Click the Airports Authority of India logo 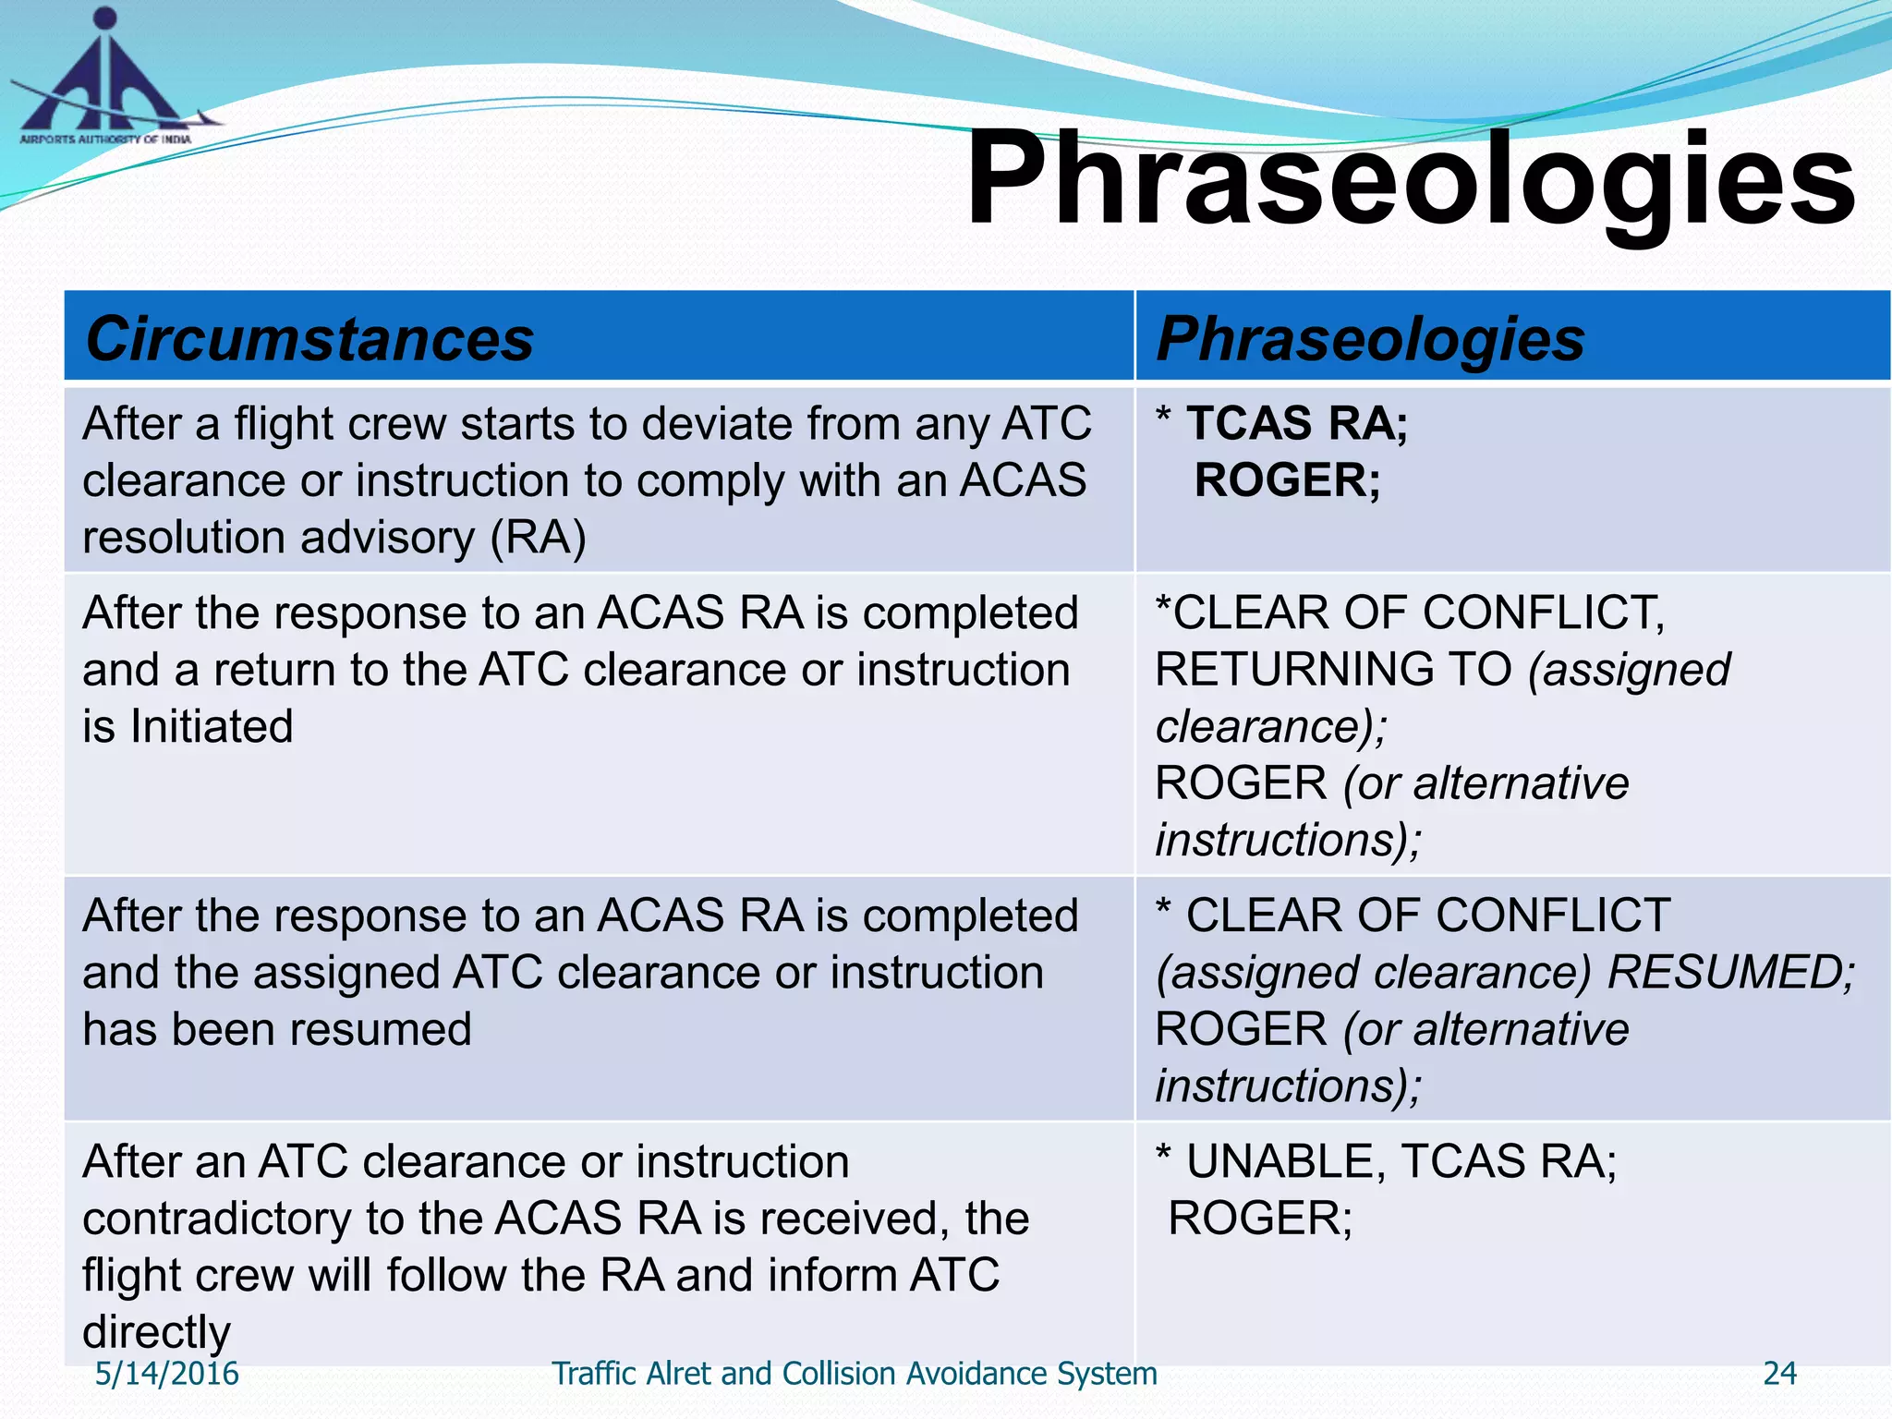(x=106, y=79)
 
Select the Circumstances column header (x=309, y=338)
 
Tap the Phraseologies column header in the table (x=1370, y=338)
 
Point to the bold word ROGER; (x=1287, y=480)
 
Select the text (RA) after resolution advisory (x=538, y=538)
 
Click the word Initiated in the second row (x=212, y=726)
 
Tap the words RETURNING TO (x=1333, y=670)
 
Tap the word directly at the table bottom (x=156, y=1332)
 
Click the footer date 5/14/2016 (x=167, y=1374)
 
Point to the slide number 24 (x=1779, y=1374)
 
